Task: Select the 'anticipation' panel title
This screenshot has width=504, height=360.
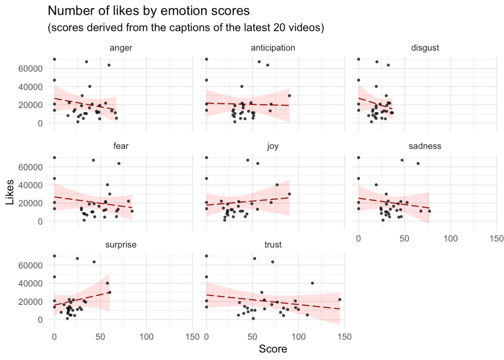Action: click(273, 48)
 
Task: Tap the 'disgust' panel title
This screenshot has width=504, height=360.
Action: click(425, 48)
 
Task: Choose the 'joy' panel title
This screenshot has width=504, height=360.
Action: click(273, 146)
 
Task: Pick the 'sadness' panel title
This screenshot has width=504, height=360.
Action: click(425, 146)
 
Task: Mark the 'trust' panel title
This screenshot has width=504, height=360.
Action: click(273, 245)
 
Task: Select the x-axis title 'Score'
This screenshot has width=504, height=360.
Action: click(273, 349)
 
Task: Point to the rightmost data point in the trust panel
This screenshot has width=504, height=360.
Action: click(339, 299)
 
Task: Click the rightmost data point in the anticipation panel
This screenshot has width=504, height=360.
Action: click(290, 96)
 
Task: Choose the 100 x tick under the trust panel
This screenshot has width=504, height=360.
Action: click(298, 337)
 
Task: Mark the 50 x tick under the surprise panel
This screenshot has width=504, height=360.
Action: click(100, 337)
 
